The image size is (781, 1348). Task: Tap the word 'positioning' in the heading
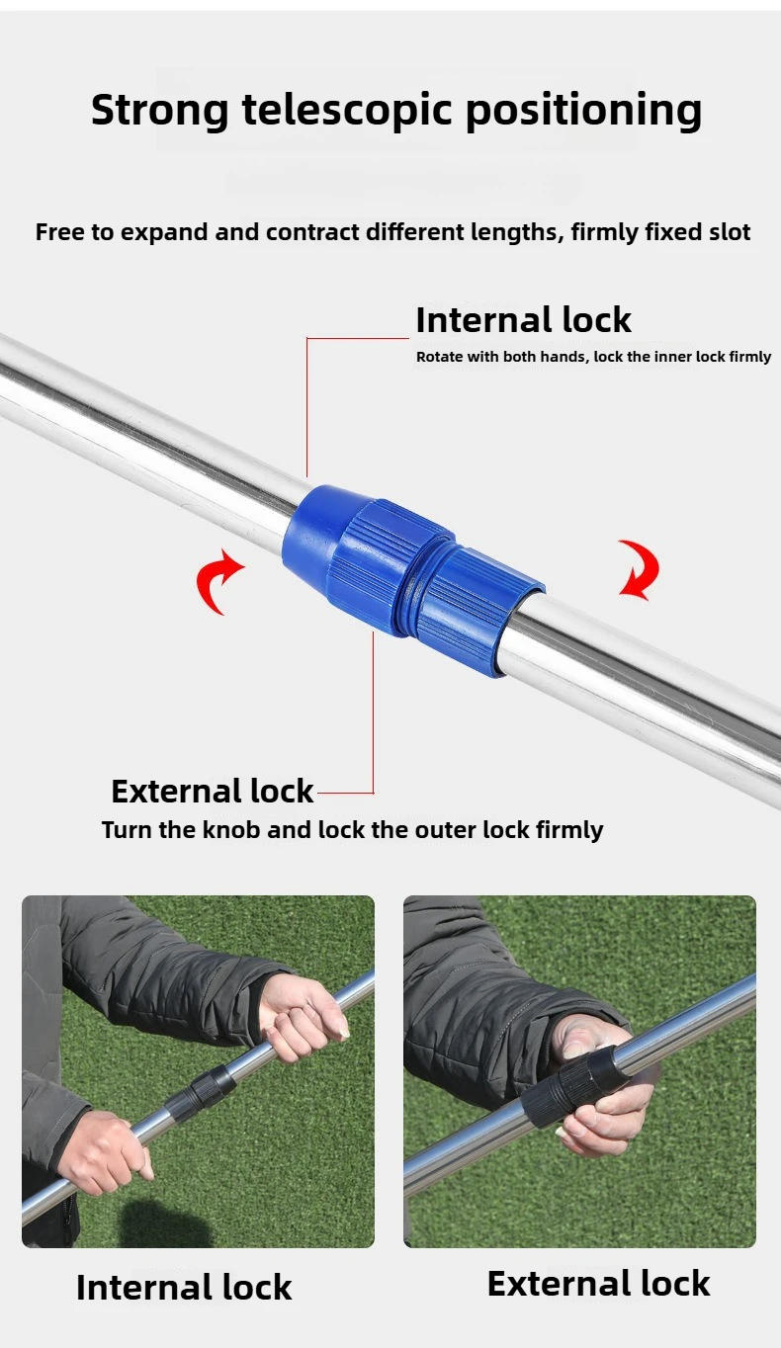(x=583, y=111)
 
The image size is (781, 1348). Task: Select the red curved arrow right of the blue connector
(x=638, y=569)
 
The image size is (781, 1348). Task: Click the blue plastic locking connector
(x=410, y=578)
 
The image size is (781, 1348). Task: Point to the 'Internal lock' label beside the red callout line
(x=523, y=320)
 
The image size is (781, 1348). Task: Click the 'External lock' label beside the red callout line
(x=212, y=792)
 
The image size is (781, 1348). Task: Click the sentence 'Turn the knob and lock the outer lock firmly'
(x=352, y=830)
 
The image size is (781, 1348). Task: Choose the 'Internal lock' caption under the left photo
(x=184, y=1288)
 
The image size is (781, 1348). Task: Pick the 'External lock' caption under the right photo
(x=598, y=1284)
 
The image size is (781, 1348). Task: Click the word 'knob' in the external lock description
(x=232, y=830)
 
